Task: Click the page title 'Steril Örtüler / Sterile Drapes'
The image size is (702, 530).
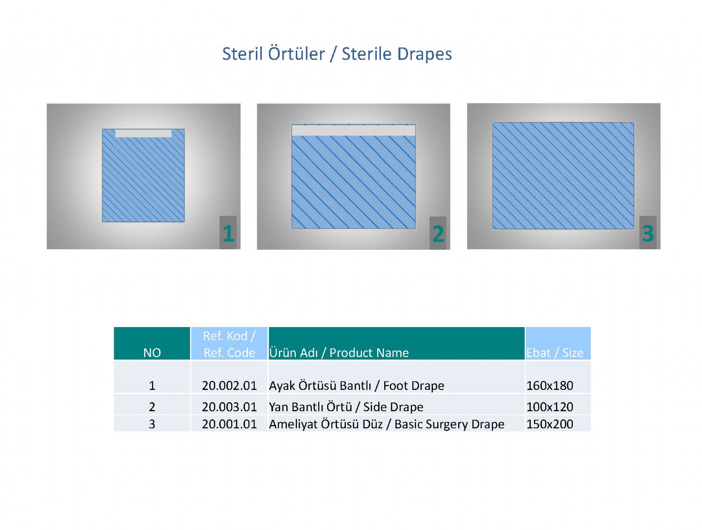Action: pyautogui.click(x=337, y=53)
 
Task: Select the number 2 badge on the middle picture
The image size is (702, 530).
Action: pyautogui.click(x=438, y=233)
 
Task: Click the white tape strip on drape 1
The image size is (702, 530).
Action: pyautogui.click(x=143, y=133)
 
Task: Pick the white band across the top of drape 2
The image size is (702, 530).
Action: pyautogui.click(x=353, y=130)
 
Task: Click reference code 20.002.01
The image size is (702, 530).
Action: pyautogui.click(x=229, y=386)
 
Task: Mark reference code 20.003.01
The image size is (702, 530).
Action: pyautogui.click(x=229, y=407)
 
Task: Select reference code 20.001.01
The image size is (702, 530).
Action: pyautogui.click(x=229, y=424)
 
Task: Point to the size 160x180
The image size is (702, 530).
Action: pyautogui.click(x=549, y=386)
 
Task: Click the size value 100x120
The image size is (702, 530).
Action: pyautogui.click(x=549, y=407)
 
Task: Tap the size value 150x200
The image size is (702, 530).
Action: pyautogui.click(x=549, y=424)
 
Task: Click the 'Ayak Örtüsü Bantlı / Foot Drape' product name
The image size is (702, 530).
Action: pyautogui.click(x=357, y=386)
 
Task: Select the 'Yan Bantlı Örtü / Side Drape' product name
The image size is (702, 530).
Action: pyautogui.click(x=346, y=407)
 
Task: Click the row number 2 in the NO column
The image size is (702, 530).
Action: pyautogui.click(x=152, y=407)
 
